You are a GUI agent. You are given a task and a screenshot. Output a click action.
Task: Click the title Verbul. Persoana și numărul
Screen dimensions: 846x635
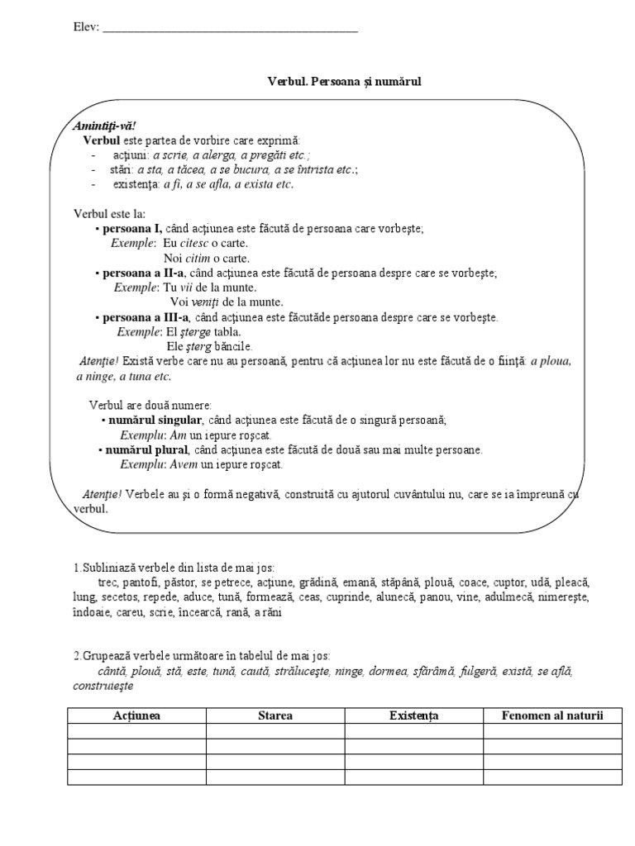point(345,82)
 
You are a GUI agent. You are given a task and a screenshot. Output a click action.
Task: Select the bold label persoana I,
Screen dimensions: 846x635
point(132,229)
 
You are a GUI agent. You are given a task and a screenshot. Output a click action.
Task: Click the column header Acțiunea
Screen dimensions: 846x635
point(136,715)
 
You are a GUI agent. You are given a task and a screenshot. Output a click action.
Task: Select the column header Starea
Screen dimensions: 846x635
point(275,715)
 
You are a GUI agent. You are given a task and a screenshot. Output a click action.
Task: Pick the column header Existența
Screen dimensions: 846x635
point(413,715)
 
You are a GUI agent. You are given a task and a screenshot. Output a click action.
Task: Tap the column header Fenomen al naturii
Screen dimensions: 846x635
point(552,715)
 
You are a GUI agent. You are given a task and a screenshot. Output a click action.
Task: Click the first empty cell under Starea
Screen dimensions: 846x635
point(275,731)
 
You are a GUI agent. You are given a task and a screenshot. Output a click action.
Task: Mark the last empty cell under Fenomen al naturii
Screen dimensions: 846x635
point(552,777)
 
